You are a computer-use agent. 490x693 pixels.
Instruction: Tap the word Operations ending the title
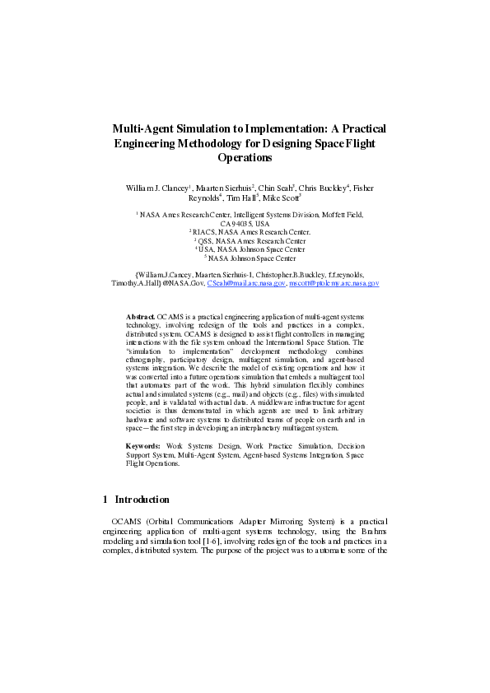click(245, 157)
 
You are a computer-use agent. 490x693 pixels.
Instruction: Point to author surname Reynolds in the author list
click(204, 198)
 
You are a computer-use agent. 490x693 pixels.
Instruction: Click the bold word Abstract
click(141, 316)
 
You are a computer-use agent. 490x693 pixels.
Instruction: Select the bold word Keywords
click(144, 445)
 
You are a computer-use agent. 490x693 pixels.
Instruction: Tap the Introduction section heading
click(142, 500)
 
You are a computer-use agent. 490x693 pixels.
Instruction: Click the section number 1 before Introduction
click(105, 500)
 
